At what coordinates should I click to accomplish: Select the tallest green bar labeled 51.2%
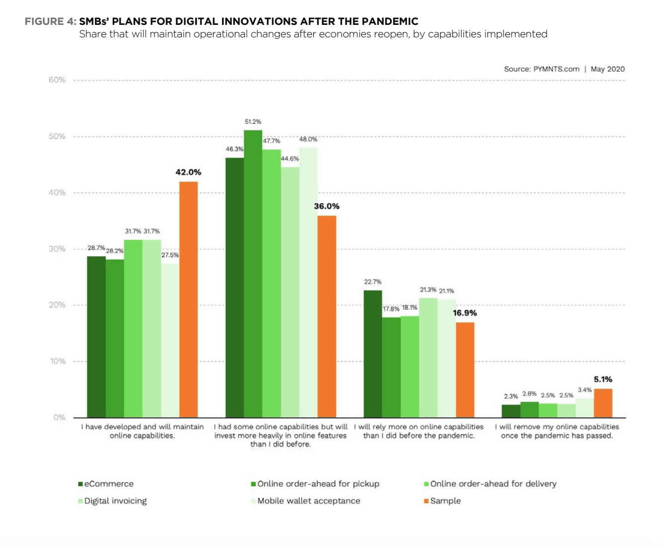coord(253,273)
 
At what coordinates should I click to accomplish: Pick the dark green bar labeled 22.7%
coord(373,354)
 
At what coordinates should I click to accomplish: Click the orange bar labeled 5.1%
coord(603,403)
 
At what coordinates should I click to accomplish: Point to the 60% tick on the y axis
coord(57,80)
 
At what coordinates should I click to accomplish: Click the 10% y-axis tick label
coord(57,361)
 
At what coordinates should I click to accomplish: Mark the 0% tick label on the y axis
coord(59,417)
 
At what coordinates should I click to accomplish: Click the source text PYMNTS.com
coord(556,69)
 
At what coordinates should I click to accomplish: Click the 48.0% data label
coord(308,139)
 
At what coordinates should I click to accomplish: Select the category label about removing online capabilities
coord(557,431)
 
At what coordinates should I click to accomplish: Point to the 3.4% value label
coord(584,390)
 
